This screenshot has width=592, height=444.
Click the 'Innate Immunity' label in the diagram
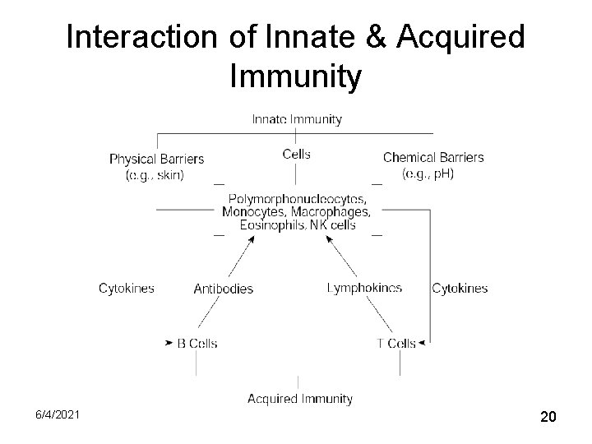tap(296, 119)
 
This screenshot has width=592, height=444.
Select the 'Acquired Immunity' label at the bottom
tap(300, 399)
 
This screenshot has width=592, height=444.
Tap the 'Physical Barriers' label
tap(156, 159)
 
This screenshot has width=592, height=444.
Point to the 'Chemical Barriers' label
tap(433, 157)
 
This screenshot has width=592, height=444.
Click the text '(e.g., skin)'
tap(155, 174)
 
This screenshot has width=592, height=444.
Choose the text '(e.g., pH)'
tap(428, 173)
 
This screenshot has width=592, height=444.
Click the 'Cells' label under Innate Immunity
tap(296, 154)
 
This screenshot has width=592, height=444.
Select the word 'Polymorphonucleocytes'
tap(296, 199)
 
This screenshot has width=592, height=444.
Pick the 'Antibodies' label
tap(223, 289)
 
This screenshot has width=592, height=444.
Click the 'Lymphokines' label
tap(364, 288)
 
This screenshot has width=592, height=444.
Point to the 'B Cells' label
tap(197, 343)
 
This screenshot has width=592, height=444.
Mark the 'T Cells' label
tap(396, 343)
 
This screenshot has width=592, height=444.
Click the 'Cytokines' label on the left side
tap(127, 288)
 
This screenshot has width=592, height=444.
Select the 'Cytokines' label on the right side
tap(460, 288)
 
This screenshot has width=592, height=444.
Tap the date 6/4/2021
tap(58, 417)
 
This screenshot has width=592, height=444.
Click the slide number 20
tap(548, 418)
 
